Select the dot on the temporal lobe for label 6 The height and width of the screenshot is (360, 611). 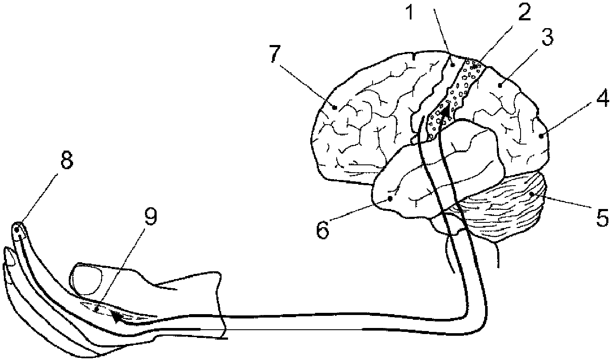tap(391, 198)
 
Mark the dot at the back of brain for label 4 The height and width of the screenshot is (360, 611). tap(540, 136)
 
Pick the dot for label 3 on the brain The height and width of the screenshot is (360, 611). tap(499, 86)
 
